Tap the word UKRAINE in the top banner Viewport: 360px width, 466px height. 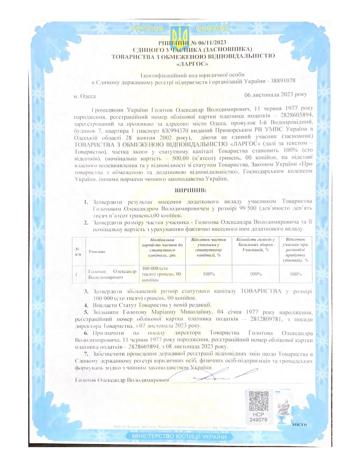[213, 29]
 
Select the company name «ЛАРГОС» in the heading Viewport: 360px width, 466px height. [193, 64]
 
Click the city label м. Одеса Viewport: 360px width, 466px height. [85, 96]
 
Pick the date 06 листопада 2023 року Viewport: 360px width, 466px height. [276, 94]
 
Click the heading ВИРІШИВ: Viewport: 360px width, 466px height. [191, 190]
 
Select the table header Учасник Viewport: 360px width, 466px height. [97, 252]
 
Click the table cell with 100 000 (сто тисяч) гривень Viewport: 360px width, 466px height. [162, 274]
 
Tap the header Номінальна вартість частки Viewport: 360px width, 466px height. [162, 247]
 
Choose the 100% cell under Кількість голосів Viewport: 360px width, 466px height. [256, 274]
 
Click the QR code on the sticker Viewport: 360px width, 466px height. [259, 401]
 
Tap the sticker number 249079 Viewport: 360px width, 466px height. [258, 420]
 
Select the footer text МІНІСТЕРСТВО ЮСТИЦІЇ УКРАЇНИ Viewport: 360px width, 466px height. [179, 436]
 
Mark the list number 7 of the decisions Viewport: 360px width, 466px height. [86, 354]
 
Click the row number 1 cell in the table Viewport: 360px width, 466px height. [76, 274]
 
